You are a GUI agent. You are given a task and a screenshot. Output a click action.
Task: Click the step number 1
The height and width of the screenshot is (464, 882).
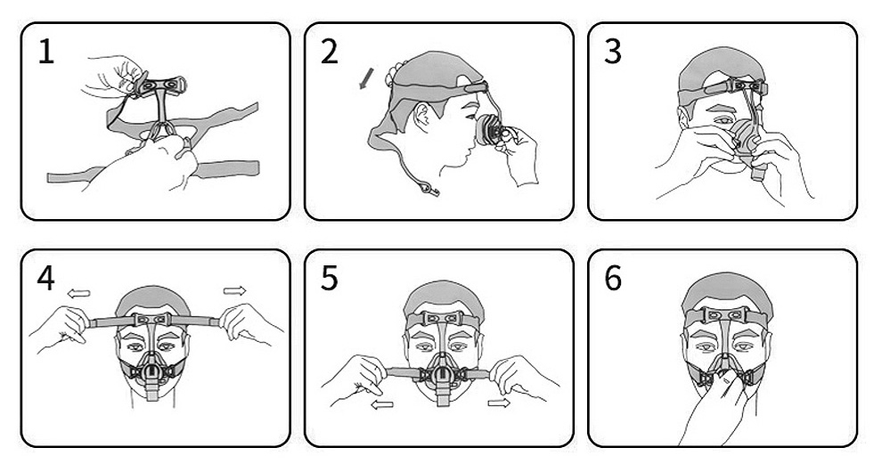click(x=46, y=52)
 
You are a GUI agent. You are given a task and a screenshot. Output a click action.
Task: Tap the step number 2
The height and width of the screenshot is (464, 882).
click(x=329, y=52)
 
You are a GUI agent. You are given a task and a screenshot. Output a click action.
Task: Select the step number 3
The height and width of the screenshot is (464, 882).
click(x=613, y=52)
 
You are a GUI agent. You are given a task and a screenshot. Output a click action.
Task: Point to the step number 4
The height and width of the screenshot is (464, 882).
click(x=45, y=279)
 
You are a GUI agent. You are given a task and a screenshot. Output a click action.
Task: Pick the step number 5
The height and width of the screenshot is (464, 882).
click(x=329, y=279)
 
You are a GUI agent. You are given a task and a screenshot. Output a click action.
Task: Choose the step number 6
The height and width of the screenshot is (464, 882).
click(x=613, y=279)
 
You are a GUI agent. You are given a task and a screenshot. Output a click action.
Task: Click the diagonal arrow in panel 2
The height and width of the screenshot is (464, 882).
click(x=366, y=78)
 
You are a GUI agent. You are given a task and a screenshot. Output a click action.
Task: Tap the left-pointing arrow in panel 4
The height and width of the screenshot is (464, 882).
click(x=78, y=292)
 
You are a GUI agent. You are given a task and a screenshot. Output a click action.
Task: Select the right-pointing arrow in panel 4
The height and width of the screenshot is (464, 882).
click(x=234, y=290)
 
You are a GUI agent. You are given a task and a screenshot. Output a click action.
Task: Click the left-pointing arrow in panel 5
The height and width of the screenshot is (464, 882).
click(x=382, y=403)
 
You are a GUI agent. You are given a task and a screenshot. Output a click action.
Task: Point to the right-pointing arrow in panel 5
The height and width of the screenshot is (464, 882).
click(x=498, y=403)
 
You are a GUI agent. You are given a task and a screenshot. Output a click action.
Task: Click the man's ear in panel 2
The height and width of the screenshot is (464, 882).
click(x=420, y=116)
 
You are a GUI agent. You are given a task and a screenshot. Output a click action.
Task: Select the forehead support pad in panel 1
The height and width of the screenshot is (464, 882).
click(x=159, y=85)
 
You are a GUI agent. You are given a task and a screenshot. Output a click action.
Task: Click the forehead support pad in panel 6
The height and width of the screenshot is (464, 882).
click(x=725, y=315)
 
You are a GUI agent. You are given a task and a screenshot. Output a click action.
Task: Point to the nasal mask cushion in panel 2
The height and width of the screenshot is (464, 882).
click(x=483, y=131)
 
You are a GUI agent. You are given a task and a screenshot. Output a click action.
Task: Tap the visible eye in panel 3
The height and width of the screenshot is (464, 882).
click(x=722, y=120)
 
